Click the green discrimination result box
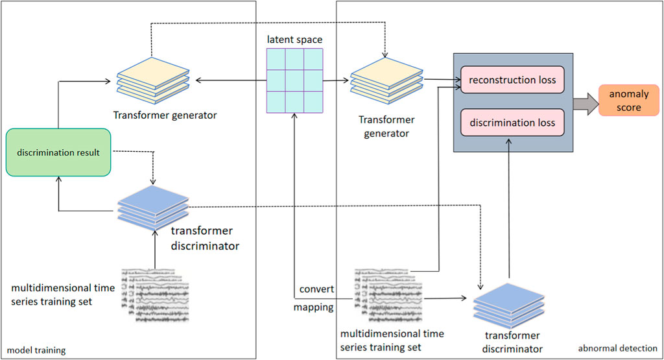pyautogui.click(x=59, y=152)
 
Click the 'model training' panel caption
pyautogui.click(x=36, y=350)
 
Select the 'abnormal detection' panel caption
pyautogui.click(x=617, y=348)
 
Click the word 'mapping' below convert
pyautogui.click(x=313, y=307)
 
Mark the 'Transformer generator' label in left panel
pyautogui.click(x=164, y=115)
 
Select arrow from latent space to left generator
pyautogui.click(x=230, y=81)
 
